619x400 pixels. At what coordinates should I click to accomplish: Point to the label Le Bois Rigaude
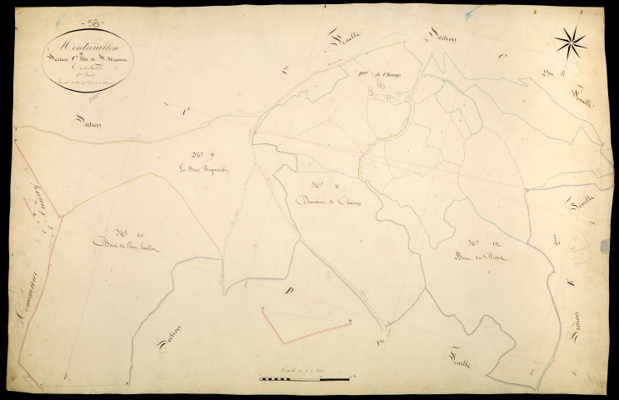(203, 170)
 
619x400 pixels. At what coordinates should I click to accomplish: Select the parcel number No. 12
(477, 242)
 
